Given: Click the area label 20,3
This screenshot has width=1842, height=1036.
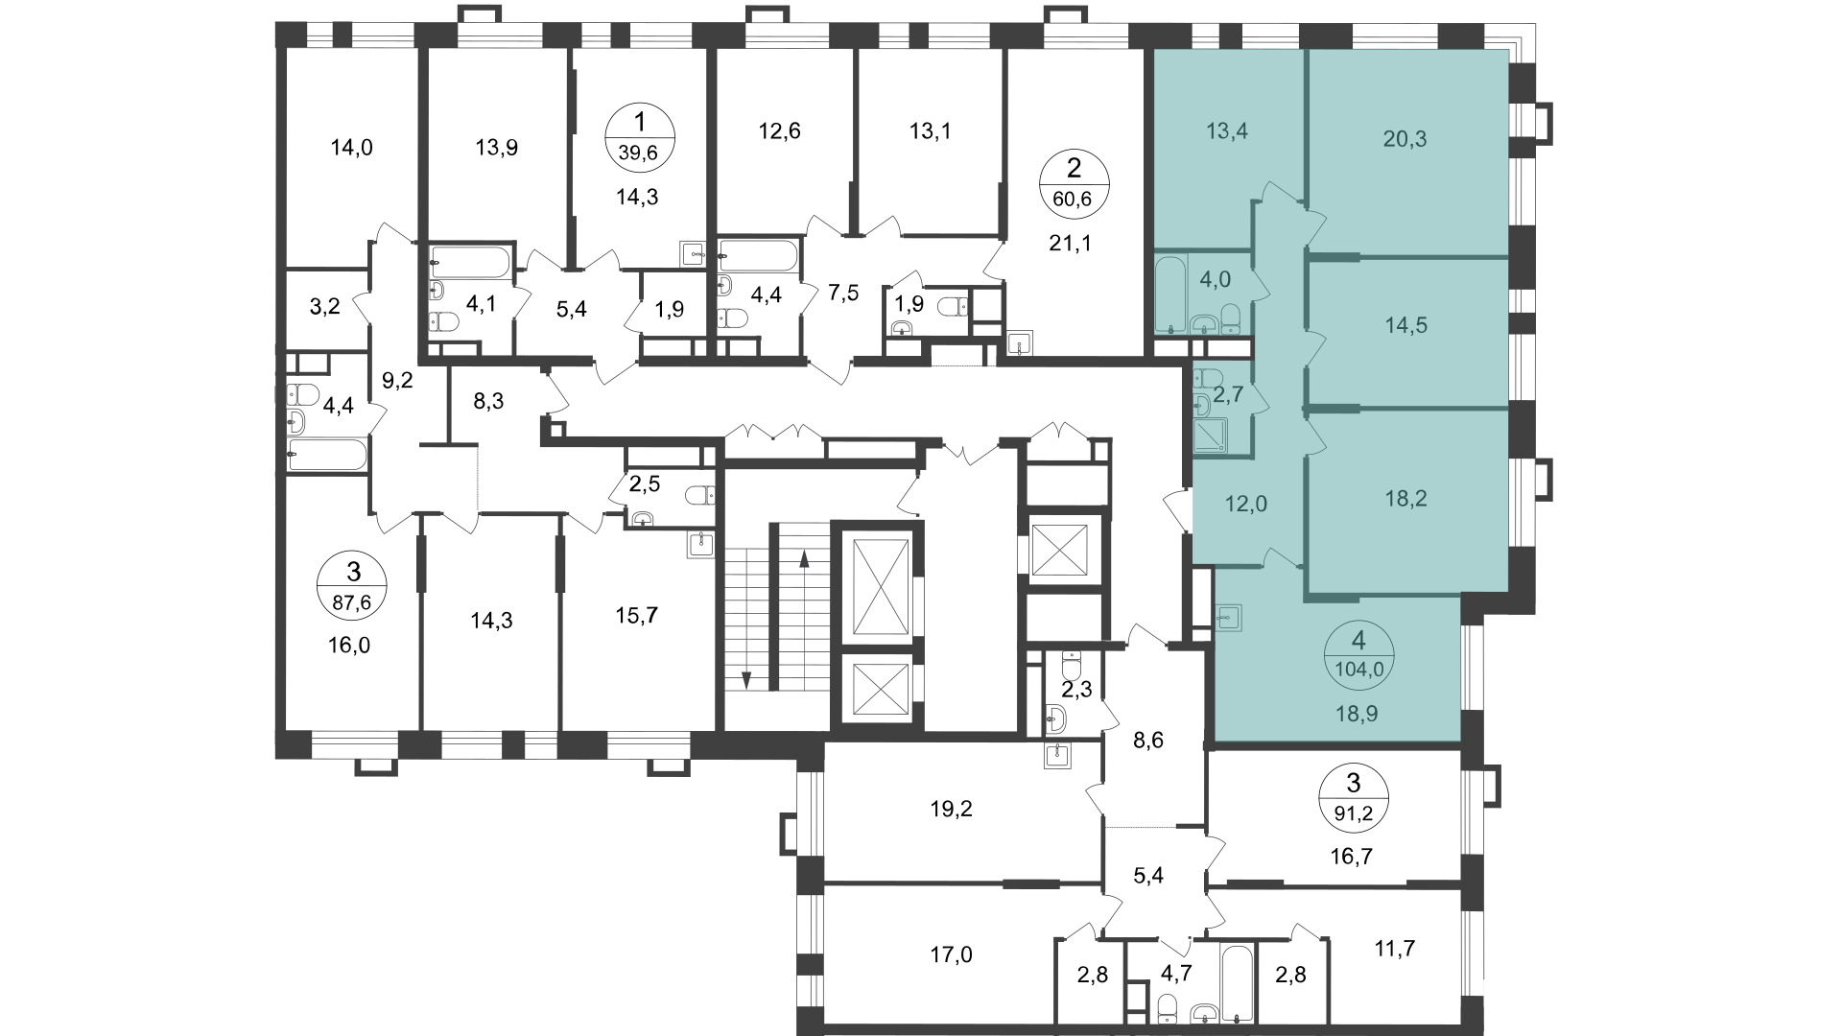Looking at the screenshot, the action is (1405, 139).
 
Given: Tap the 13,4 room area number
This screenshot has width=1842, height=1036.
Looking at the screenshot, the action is (1226, 130).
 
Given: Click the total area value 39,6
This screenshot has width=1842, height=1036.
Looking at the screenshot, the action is (642, 152).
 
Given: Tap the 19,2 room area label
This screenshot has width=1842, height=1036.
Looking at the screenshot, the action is (951, 809).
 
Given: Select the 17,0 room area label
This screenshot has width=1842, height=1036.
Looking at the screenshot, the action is (951, 954).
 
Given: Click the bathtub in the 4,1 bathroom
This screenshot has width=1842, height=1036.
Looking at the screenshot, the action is (472, 260).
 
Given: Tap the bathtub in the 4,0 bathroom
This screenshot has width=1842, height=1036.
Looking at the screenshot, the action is (1169, 293).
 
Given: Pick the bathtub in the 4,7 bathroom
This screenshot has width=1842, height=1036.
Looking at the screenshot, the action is (1236, 983).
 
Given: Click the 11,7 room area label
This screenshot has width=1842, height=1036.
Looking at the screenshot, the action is (1393, 949).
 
